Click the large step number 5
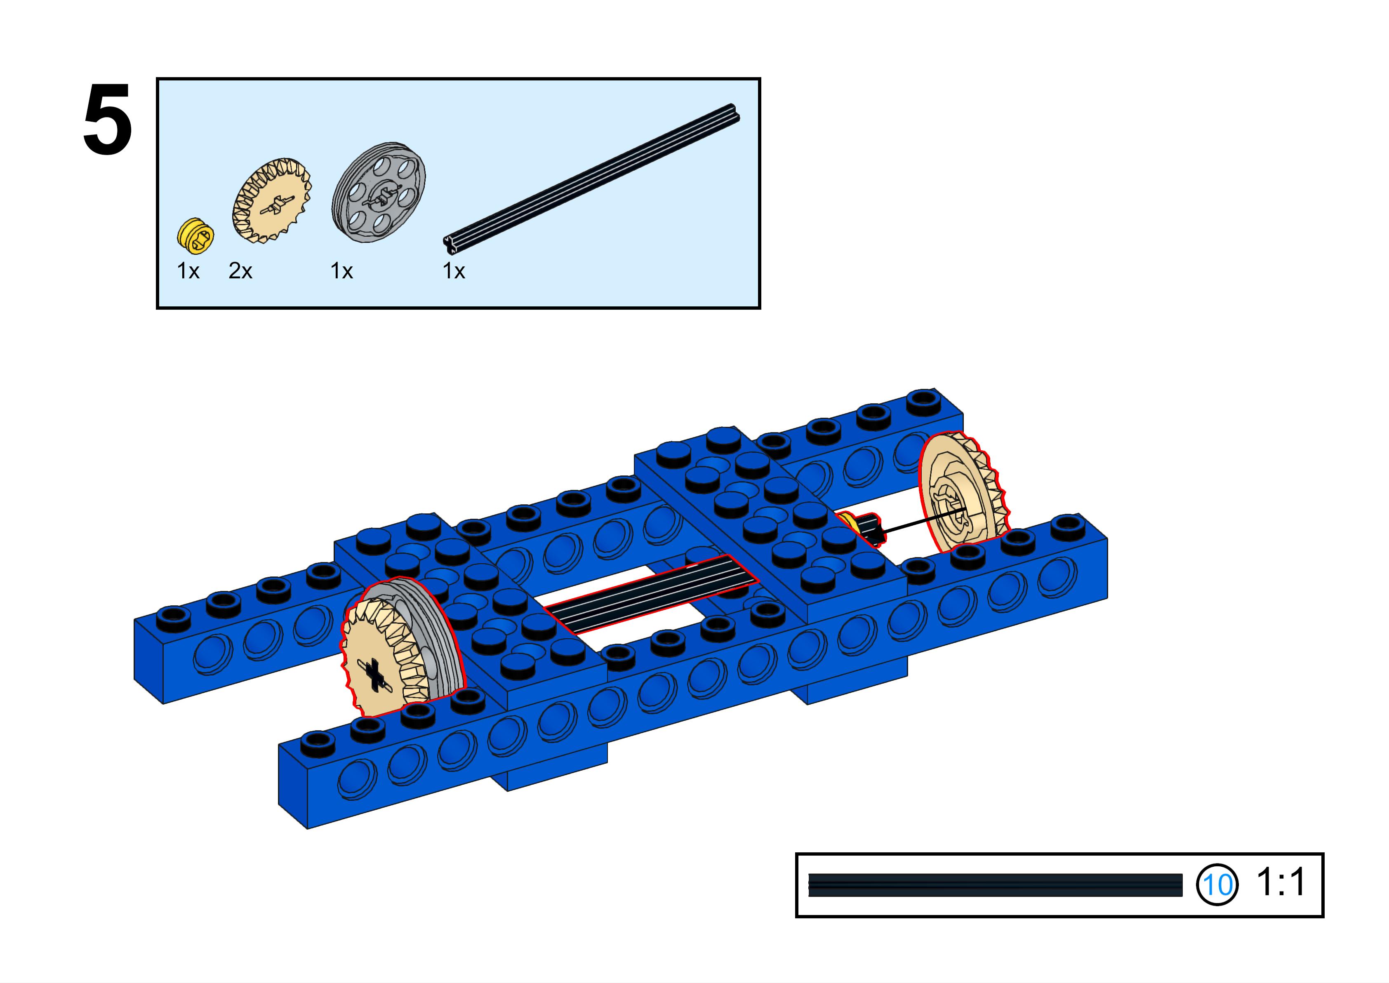tap(108, 119)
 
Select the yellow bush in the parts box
tap(195, 235)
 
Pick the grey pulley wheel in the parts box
tap(379, 192)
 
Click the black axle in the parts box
tap(592, 179)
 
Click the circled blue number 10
tap(1217, 885)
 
